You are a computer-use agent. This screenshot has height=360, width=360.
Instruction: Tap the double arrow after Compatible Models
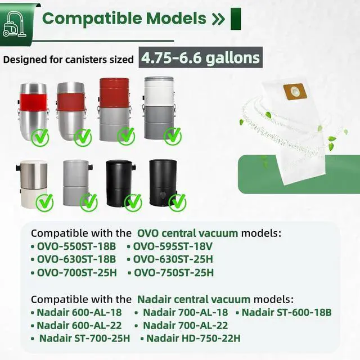coord(218,19)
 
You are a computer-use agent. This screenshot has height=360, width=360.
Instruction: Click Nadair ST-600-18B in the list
coord(286,312)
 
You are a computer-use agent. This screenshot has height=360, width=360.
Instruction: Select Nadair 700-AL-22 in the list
coord(185,325)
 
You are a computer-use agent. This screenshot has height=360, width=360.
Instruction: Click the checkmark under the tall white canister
coord(173,134)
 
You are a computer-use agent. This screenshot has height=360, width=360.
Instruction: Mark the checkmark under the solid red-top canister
coord(126,135)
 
